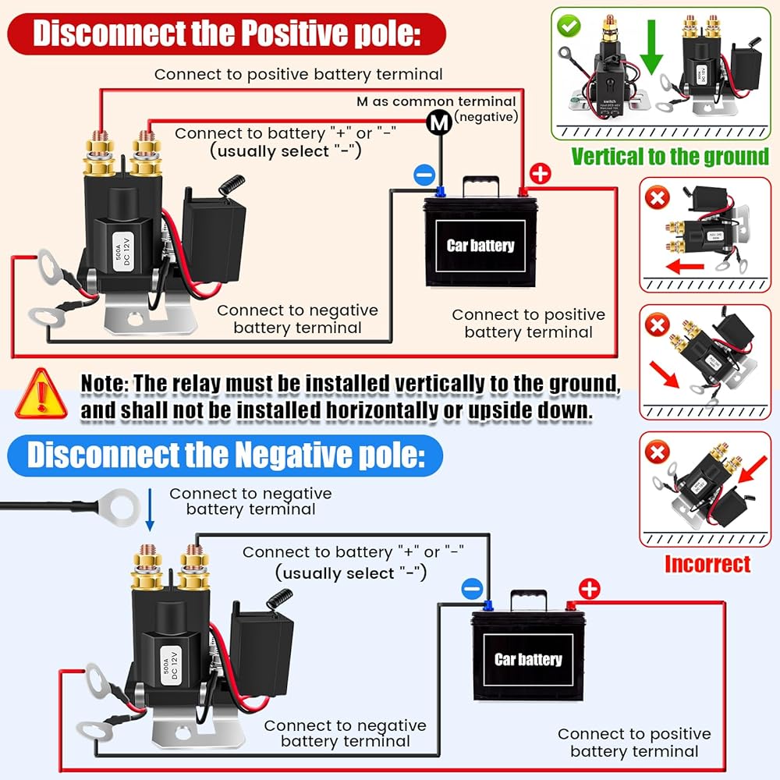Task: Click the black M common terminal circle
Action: [440, 122]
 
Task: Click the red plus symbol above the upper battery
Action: [540, 174]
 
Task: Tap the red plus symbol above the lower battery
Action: [588, 589]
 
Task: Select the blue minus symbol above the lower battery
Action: [471, 588]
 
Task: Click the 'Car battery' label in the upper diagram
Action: [480, 246]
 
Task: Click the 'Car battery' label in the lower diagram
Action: [528, 659]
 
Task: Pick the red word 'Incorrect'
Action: [707, 564]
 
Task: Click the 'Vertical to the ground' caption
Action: [669, 156]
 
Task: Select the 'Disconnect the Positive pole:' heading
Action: [227, 34]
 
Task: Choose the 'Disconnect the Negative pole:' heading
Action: [225, 456]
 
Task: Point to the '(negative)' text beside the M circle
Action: [486, 117]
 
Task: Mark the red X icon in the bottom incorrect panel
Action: [658, 452]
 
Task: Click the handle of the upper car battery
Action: [481, 186]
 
